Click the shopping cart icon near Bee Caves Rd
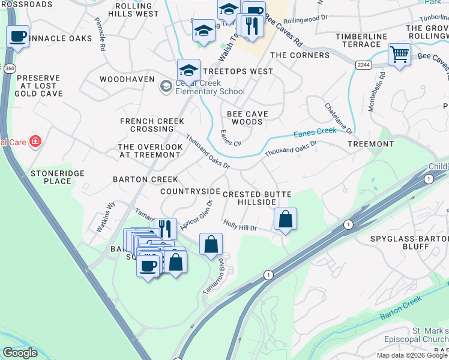399,55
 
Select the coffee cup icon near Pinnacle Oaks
18,36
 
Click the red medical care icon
36,142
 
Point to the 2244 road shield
363,64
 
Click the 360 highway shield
8,69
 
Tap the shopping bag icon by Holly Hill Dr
286,219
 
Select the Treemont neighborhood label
370,144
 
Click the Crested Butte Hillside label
257,199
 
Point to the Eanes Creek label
315,133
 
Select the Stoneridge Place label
57,177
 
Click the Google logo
20,353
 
